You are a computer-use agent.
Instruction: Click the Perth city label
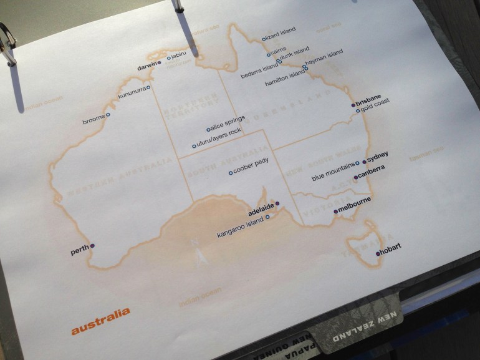pos(79,251)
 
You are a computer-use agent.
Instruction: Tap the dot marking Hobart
pos(378,254)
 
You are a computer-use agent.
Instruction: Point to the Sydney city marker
pos(364,162)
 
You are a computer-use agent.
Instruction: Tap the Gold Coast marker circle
pos(358,111)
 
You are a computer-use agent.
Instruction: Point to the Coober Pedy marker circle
pos(231,173)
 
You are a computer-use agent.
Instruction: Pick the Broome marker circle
pos(108,115)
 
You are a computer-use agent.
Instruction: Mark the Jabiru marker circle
pos(168,57)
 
